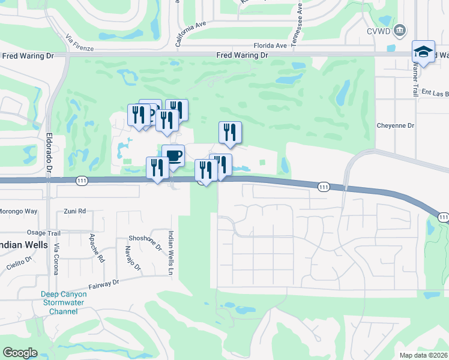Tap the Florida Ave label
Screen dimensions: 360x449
coord(270,45)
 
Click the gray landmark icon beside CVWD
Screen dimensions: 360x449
coord(401,30)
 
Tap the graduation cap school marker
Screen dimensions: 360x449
coord(423,52)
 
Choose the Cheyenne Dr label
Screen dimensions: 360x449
coord(396,126)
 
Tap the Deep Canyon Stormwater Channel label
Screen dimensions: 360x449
coord(64,302)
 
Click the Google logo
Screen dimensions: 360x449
coord(20,353)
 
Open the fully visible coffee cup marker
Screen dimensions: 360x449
coord(173,157)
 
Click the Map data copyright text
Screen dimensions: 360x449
coord(423,355)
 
